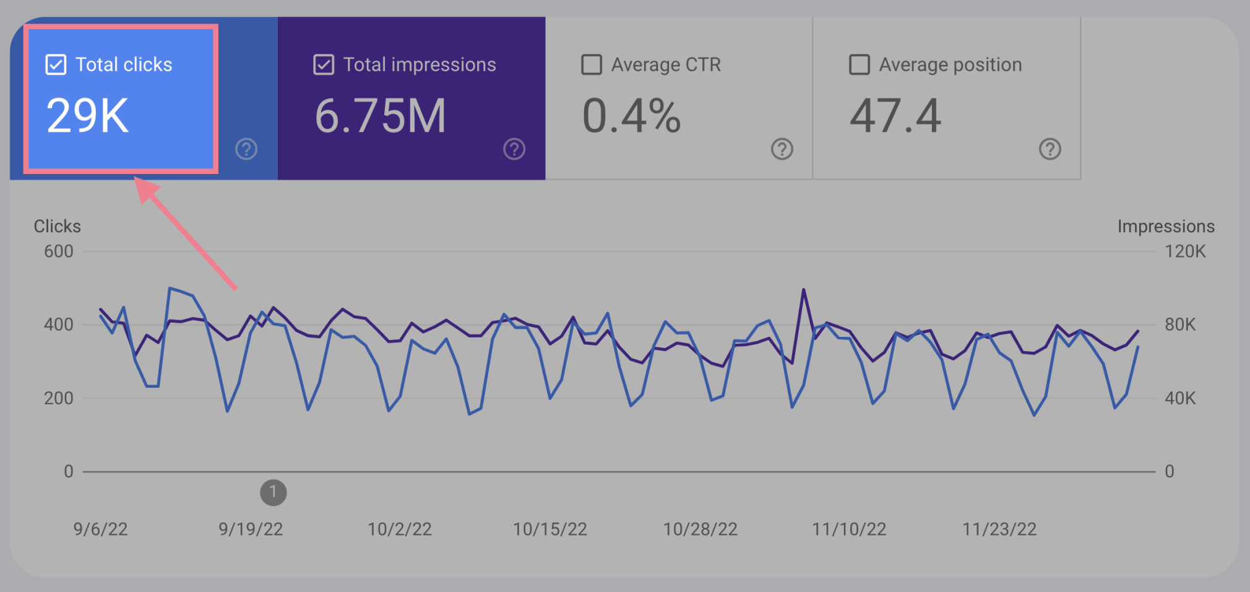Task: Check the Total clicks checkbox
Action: click(56, 64)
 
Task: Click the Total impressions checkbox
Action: click(324, 64)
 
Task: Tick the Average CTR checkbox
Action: click(592, 64)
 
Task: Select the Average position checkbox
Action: click(859, 64)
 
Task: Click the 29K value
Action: click(87, 116)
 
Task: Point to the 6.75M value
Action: click(380, 116)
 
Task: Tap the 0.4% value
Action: click(631, 116)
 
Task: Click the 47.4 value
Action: click(895, 116)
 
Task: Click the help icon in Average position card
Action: click(1050, 149)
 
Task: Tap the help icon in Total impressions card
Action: click(514, 149)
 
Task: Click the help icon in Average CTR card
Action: click(782, 149)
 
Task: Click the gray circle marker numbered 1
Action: click(273, 493)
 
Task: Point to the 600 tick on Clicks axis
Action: click(58, 251)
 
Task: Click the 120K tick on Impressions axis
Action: click(1185, 251)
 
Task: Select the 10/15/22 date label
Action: click(550, 529)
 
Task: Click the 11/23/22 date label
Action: click(999, 529)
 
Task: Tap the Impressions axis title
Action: click(1166, 226)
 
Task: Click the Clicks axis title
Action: click(57, 226)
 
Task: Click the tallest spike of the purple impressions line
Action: click(803, 290)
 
